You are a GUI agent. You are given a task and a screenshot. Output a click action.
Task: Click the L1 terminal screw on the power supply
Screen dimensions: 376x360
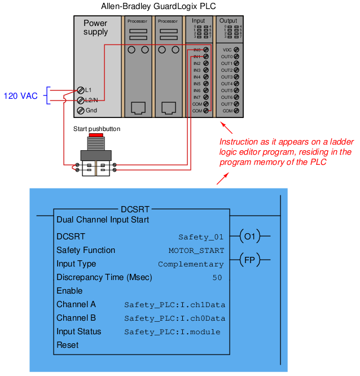80,90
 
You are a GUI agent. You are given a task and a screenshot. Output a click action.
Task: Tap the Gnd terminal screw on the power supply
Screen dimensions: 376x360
80,110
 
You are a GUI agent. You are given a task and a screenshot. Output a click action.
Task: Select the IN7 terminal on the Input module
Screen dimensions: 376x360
207,97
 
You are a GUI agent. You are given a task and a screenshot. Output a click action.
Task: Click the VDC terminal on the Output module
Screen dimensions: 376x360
236,50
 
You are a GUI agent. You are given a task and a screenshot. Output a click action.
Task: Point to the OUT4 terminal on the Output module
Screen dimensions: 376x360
236,84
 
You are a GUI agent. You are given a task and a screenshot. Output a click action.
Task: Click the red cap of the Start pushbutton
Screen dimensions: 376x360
95,135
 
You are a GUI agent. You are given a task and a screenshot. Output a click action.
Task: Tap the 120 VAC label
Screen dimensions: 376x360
21,96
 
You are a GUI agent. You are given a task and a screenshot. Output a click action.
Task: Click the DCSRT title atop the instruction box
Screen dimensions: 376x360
135,209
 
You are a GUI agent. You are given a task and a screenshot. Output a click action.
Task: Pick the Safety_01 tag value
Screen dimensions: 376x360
201,237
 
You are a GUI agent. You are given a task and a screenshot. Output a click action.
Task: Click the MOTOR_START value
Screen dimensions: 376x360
196,251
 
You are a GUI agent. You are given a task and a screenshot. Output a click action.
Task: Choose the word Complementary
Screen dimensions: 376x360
191,264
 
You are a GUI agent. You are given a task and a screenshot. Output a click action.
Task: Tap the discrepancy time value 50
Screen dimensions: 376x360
217,278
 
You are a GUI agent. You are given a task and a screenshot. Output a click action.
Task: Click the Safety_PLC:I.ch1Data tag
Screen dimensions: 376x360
174,305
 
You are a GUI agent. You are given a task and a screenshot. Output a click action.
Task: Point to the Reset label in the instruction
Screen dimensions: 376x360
68,345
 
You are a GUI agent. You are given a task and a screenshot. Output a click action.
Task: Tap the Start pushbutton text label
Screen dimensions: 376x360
96,129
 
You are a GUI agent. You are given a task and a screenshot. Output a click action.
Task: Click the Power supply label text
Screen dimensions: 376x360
95,28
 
